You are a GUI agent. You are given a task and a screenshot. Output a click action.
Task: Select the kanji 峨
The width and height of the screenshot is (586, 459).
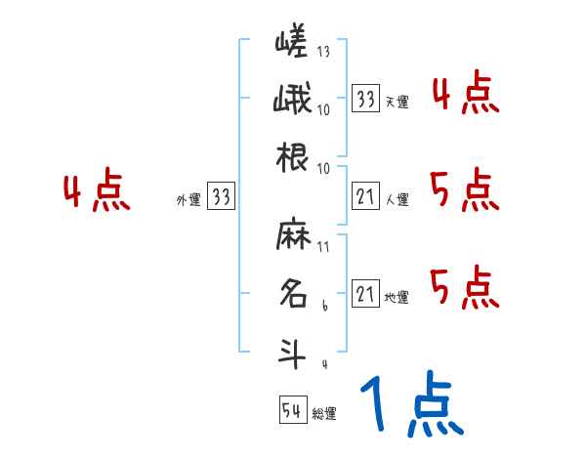pyautogui.click(x=292, y=100)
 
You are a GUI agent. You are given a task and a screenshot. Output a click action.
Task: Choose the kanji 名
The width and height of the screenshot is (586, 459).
pyautogui.click(x=292, y=294)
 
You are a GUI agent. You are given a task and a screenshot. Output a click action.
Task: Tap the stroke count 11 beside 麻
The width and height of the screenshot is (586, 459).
pyautogui.click(x=323, y=246)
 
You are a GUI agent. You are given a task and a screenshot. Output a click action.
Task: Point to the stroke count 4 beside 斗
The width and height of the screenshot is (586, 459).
pyautogui.click(x=324, y=364)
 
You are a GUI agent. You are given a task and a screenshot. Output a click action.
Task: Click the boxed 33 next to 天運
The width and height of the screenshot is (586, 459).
pyautogui.click(x=366, y=100)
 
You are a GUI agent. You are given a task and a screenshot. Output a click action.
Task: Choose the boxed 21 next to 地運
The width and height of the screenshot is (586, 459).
pyautogui.click(x=366, y=294)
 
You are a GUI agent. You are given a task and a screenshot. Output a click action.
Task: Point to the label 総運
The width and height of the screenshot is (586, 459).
pyautogui.click(x=323, y=414)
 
